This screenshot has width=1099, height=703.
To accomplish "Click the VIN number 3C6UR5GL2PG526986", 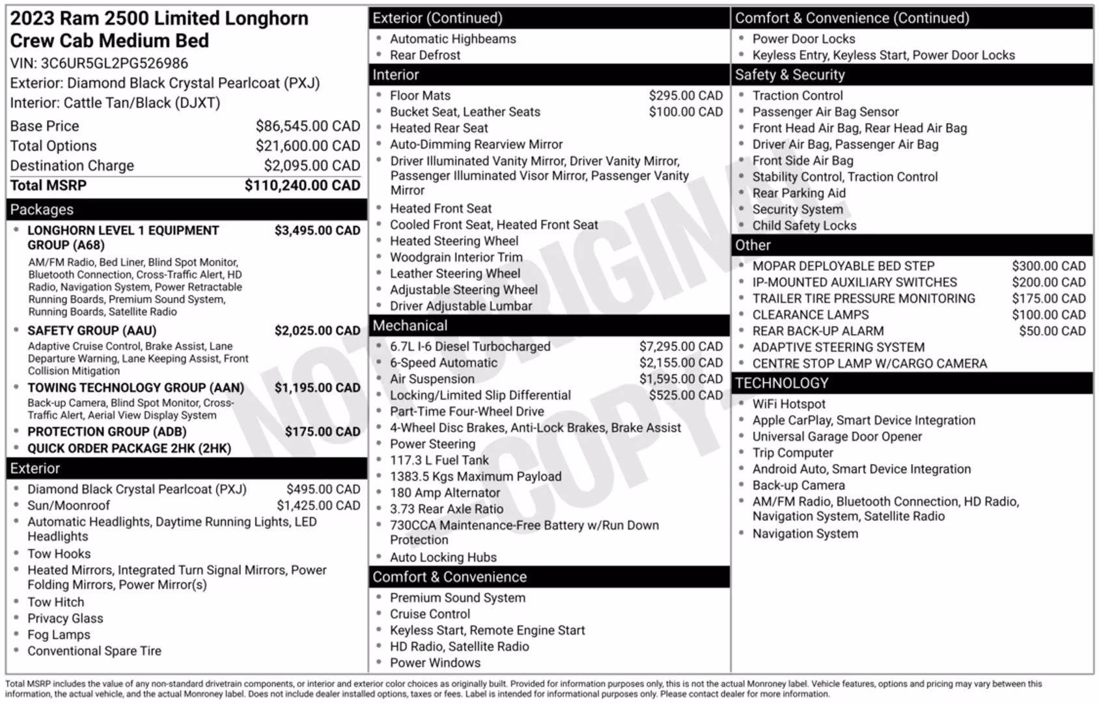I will [x=114, y=63].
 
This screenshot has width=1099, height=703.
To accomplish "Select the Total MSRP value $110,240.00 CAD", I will [x=302, y=186].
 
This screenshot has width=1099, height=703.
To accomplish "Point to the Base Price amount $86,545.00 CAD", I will [x=307, y=126].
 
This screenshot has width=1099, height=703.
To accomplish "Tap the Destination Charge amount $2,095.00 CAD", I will [x=311, y=166].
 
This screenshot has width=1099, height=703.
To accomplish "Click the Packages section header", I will [x=42, y=210].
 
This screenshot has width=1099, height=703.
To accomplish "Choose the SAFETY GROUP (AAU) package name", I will [x=92, y=331].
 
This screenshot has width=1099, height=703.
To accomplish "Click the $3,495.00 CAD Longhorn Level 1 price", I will [x=317, y=230].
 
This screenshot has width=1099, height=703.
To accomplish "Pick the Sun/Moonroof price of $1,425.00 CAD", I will [x=318, y=506].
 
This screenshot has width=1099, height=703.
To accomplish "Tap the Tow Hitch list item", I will [x=55, y=602].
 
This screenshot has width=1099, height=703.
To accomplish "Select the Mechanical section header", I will [x=410, y=325].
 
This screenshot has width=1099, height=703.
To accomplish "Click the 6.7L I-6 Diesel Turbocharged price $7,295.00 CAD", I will [x=680, y=347].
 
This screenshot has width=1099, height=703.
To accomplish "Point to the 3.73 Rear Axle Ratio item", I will [x=447, y=509].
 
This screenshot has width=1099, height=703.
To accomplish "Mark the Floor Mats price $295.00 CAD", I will [x=686, y=96].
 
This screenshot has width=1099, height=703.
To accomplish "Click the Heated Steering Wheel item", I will [x=454, y=241].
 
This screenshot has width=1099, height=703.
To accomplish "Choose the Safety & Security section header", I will [x=789, y=75].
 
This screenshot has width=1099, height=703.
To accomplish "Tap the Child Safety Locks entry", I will [x=804, y=226].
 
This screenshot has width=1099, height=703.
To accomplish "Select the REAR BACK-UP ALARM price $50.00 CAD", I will [x=1052, y=331].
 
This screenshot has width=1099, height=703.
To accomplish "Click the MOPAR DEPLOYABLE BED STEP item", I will [x=843, y=266].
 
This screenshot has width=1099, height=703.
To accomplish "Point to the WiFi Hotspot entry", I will [x=788, y=404].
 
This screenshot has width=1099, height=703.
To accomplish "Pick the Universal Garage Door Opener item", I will [x=837, y=437].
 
